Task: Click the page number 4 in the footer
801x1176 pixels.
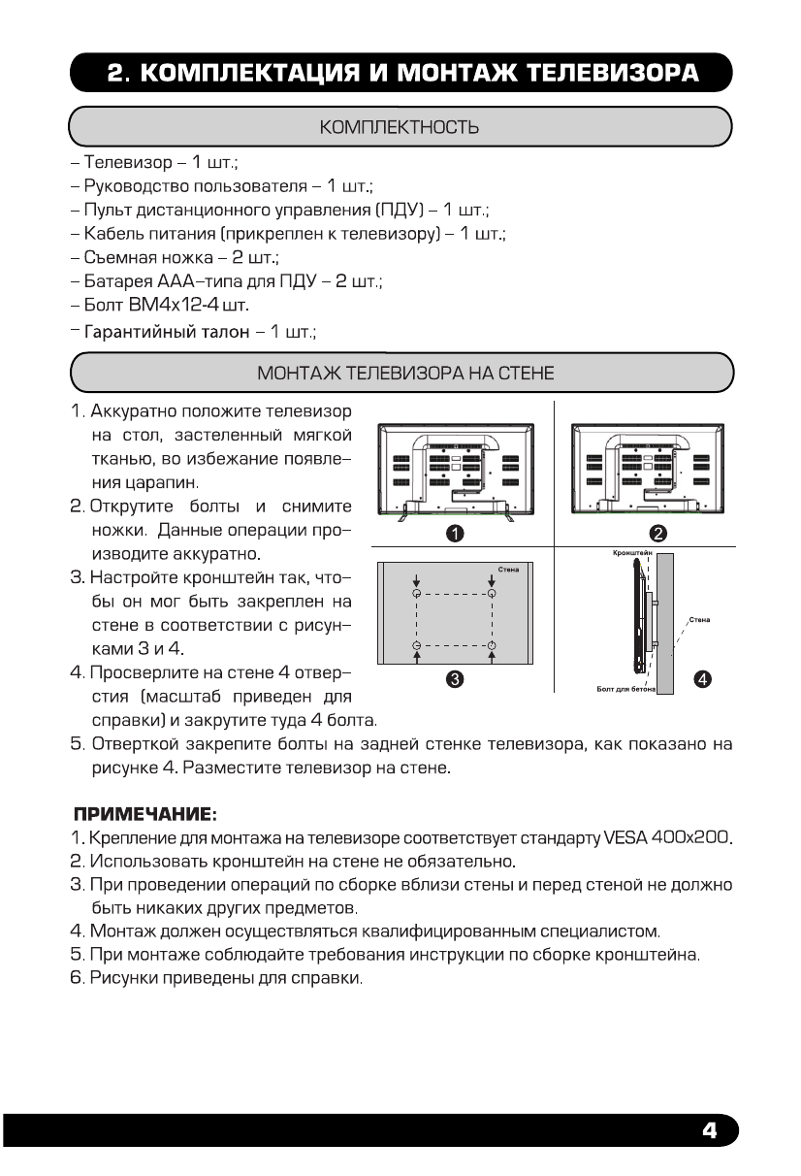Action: tap(709, 1130)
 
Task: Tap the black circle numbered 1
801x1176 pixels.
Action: tap(454, 533)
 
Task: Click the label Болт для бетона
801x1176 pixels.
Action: tap(625, 688)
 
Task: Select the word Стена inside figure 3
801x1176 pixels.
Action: tap(507, 568)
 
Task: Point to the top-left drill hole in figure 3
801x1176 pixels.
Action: tap(416, 593)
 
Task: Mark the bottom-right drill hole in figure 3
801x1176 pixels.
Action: tap(492, 645)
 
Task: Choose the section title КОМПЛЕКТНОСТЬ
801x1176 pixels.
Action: tap(400, 127)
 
